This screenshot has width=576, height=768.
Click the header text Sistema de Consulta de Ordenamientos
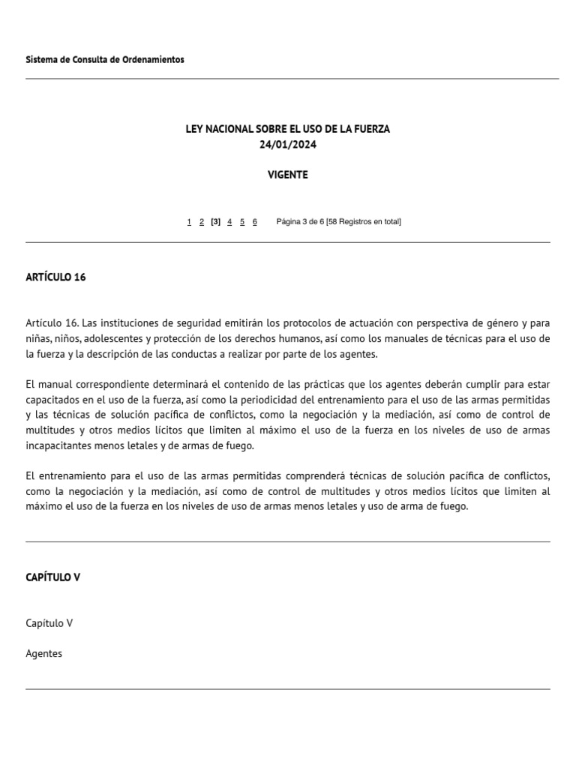point(105,59)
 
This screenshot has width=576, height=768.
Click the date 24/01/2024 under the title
point(288,145)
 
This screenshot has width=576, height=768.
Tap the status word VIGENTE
point(288,175)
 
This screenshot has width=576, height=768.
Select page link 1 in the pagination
point(189,222)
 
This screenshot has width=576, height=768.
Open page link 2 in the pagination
point(202,222)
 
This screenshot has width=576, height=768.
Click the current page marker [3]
point(216,222)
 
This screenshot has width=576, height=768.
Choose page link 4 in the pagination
point(229,222)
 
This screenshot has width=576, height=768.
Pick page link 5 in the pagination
point(242,222)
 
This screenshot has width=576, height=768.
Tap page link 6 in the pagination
point(255,222)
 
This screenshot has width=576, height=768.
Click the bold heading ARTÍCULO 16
point(55,277)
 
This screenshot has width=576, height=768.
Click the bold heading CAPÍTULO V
point(52,577)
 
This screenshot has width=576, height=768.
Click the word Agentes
point(43,653)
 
